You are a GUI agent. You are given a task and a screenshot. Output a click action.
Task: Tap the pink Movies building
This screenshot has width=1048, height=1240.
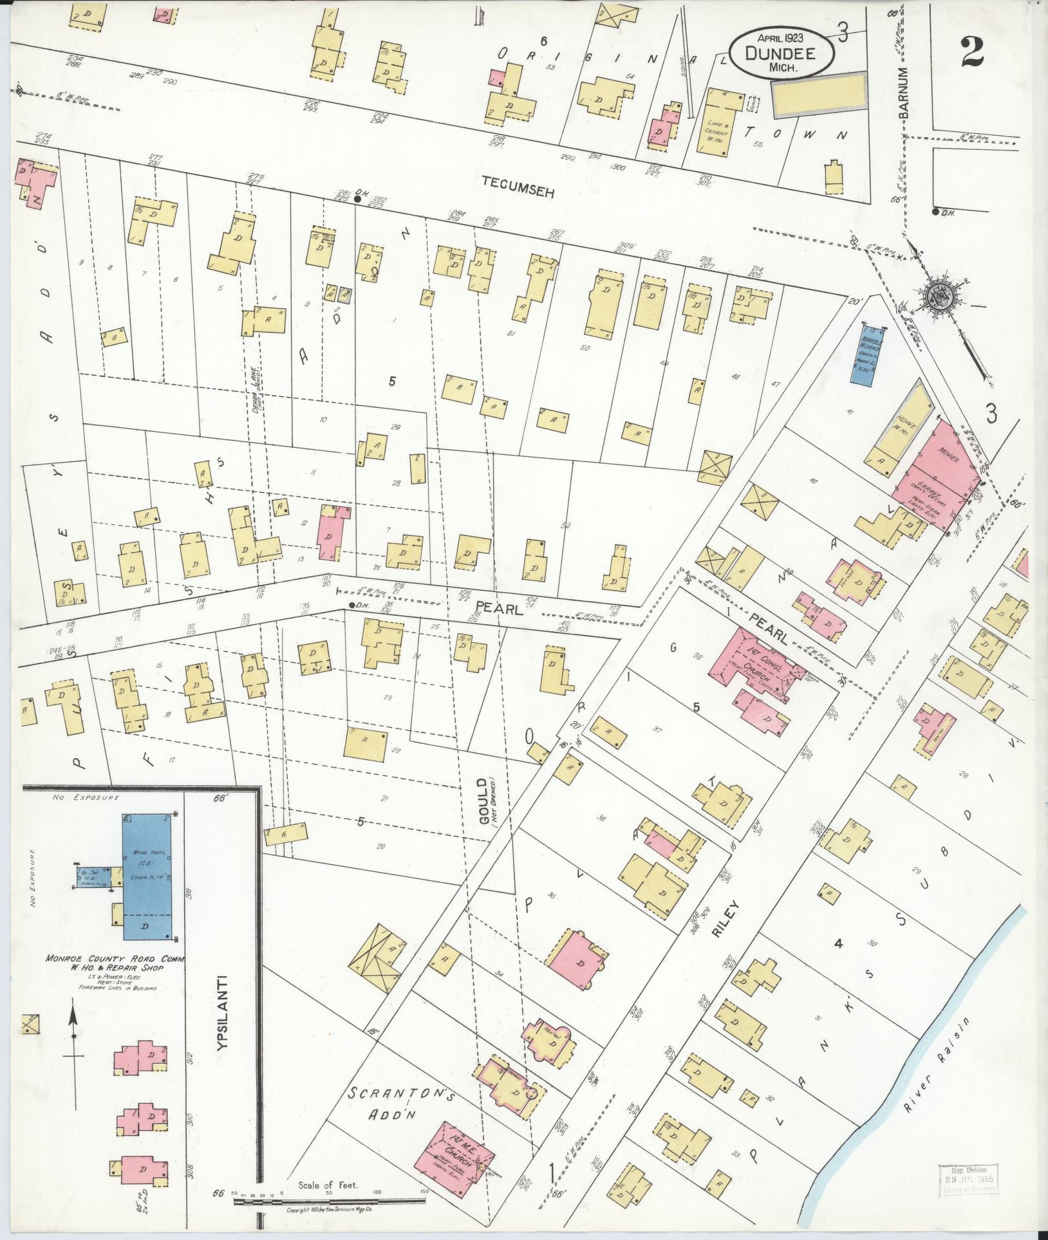pos(944,459)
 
